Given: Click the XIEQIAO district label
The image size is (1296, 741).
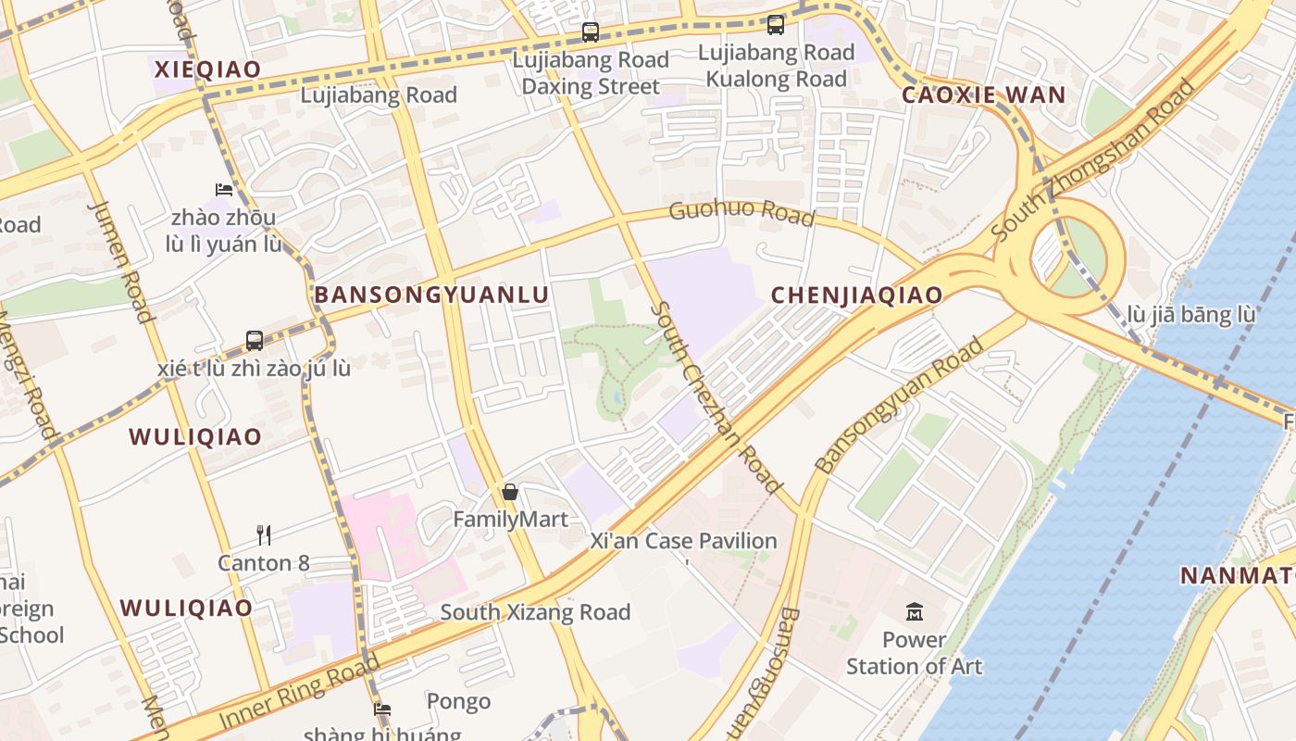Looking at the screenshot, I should pos(207,69).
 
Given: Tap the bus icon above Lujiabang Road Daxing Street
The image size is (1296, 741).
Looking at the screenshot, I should pos(591,32).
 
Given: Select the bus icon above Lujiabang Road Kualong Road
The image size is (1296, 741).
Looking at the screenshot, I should pos(776,25).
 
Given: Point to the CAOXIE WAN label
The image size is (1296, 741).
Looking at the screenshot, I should pos(984,94).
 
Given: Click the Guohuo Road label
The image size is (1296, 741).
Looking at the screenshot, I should pos(741,212).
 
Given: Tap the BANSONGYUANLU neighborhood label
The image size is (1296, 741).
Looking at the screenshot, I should pos(431,295).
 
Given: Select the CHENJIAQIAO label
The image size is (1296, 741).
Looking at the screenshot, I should pos(856,295).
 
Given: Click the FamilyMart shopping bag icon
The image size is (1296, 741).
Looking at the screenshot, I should pos(509,492).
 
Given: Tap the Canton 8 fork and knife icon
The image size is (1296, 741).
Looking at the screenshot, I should pos(264,534).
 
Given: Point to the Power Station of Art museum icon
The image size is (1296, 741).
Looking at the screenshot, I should pos(915,611).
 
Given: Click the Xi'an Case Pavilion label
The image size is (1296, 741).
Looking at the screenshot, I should pos(684,541).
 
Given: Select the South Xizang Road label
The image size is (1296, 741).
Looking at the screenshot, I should pos(535,612).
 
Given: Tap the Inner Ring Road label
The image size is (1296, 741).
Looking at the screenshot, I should pos(299,692).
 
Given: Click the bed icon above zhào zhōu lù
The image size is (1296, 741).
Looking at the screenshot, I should pos(223,190).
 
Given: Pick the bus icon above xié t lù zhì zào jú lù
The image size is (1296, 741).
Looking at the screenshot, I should pos(255,340).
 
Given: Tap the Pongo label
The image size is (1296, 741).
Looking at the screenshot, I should pos(458,701).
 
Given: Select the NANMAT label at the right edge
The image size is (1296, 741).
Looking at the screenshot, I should pos(1238,576).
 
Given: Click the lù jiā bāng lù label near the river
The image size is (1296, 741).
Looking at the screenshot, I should pos(1190,315).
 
